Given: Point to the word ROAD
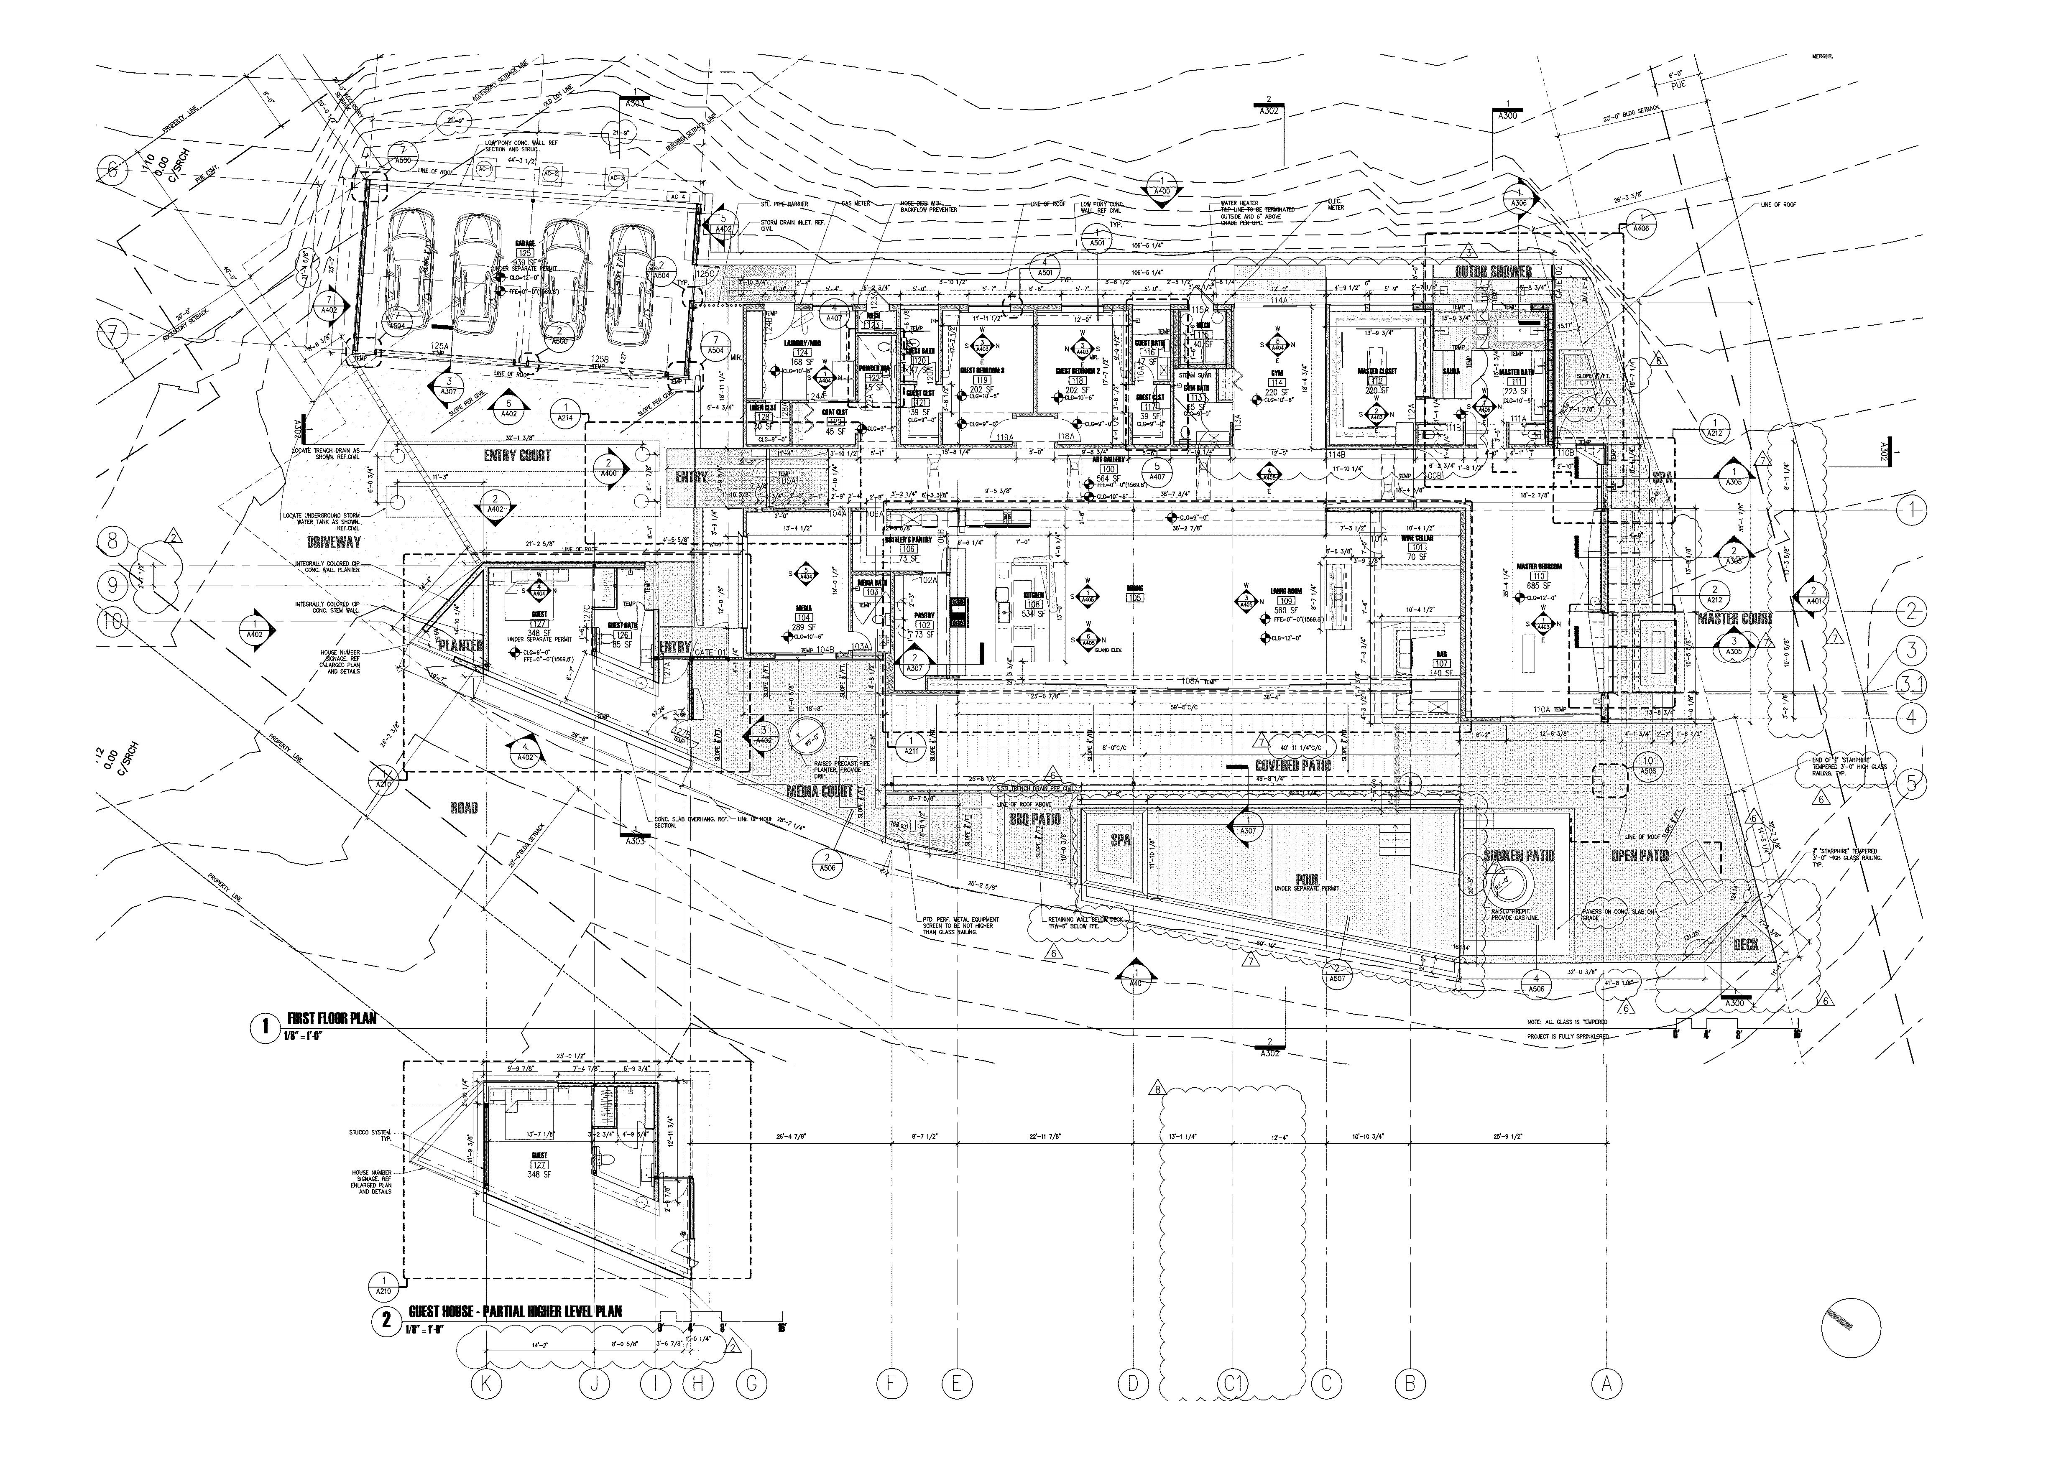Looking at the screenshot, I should click(464, 808).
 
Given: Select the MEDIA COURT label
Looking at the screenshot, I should click(820, 792).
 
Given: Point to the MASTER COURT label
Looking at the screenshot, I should click(1734, 619).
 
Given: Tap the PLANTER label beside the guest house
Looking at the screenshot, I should click(461, 646).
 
